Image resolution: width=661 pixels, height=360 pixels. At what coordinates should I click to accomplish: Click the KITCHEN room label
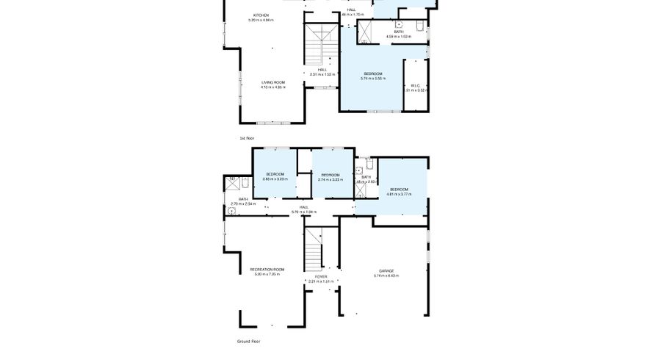click(261, 15)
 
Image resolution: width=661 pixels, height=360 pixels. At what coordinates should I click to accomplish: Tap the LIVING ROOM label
click(272, 82)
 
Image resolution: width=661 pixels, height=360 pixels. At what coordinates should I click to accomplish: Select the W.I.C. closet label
click(415, 85)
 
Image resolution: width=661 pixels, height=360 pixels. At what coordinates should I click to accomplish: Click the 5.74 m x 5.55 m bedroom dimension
click(373, 79)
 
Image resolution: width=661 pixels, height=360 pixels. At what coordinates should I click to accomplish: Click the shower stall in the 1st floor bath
click(365, 33)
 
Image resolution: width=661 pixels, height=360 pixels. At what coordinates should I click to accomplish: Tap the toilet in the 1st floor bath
click(418, 28)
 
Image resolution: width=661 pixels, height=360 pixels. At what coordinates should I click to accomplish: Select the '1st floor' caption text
click(247, 138)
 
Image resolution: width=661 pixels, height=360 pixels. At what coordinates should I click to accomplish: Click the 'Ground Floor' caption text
click(248, 341)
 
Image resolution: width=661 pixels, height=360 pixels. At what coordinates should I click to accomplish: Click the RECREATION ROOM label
click(267, 269)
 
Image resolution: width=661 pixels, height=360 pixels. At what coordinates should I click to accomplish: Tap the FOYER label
click(321, 276)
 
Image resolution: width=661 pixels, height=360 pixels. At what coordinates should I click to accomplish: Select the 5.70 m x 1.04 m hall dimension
click(303, 212)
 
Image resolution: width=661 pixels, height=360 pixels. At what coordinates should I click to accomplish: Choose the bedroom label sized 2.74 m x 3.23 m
click(330, 179)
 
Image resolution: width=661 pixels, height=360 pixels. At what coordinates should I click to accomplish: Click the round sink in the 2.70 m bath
click(231, 211)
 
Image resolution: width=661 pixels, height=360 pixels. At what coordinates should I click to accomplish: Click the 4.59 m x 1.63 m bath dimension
click(399, 36)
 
